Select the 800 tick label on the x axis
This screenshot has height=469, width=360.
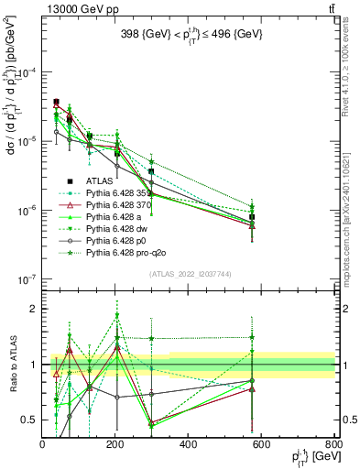[x=333, y=446]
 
